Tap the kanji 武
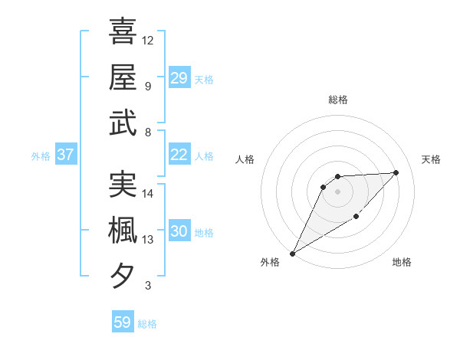tap(123, 123)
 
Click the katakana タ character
tap(123, 275)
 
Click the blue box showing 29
tap(179, 78)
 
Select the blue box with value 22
tap(179, 155)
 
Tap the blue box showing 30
tap(179, 232)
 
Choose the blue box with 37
tap(65, 155)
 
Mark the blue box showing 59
tap(122, 322)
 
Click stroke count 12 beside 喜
tap(148, 40)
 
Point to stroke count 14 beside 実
tap(148, 193)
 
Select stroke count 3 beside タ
tap(148, 286)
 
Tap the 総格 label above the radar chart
tap(338, 100)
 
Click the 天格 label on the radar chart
tap(432, 159)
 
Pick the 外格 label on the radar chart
tap(269, 263)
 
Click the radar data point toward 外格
tap(292, 253)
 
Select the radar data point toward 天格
tap(396, 172)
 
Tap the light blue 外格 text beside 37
tap(41, 155)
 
